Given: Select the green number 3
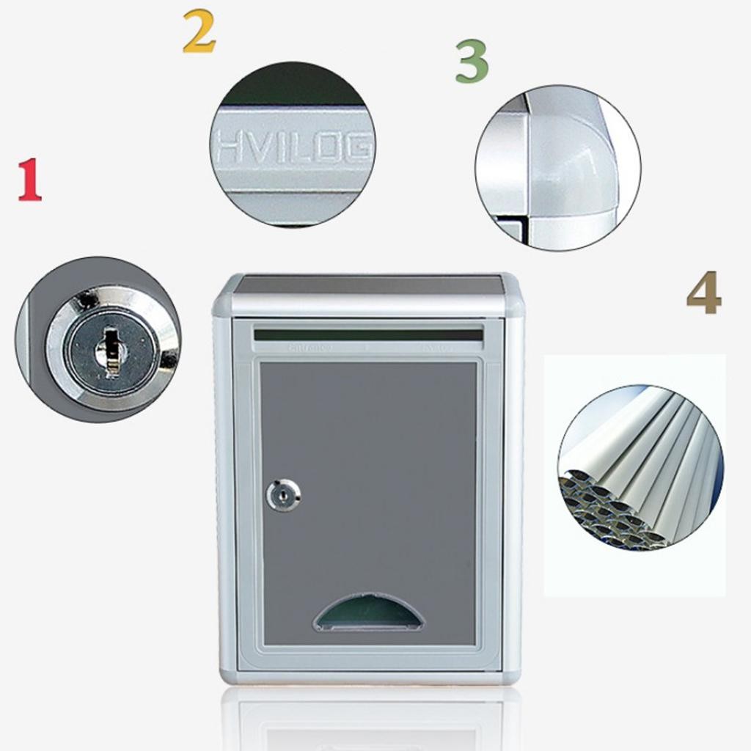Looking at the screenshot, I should tap(472, 62).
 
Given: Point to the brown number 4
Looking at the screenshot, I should tap(703, 293).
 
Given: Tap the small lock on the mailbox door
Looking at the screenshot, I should tap(283, 496).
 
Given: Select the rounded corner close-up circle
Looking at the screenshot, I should tap(558, 168).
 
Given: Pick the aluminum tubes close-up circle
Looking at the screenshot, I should tap(640, 467).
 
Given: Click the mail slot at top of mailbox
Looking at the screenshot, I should tap(368, 334).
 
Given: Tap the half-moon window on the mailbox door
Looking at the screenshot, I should tap(368, 615).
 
